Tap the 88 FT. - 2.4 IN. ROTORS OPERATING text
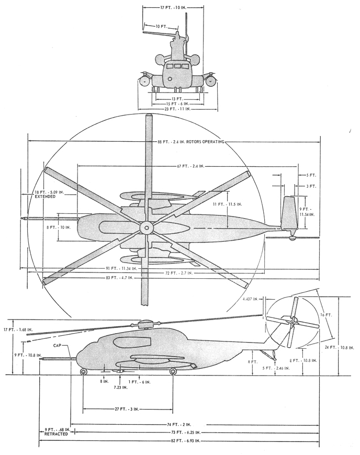(187, 142)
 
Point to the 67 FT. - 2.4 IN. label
(189, 166)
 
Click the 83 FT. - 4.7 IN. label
(120, 278)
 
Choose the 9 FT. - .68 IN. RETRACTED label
(54, 432)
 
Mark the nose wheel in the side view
(84, 372)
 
